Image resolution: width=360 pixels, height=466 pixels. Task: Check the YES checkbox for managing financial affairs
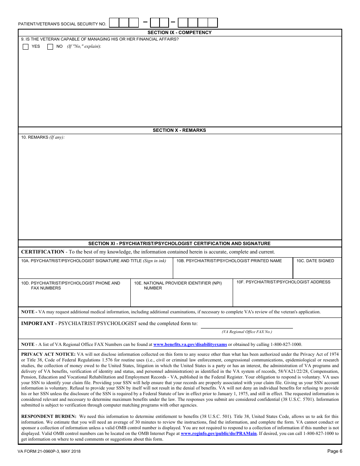(x=26, y=47)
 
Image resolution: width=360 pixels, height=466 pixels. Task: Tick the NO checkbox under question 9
(x=50, y=47)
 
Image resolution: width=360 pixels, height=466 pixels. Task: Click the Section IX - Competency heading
(x=180, y=33)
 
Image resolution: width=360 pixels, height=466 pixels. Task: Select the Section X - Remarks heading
(x=180, y=130)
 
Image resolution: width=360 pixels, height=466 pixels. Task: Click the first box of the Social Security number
(x=114, y=23)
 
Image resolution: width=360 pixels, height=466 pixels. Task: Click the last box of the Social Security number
(x=213, y=23)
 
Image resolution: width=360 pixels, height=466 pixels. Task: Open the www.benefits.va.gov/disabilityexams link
(x=190, y=345)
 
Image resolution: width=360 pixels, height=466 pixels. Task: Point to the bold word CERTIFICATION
(x=43, y=252)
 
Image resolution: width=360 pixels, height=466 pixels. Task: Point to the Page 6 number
(x=335, y=451)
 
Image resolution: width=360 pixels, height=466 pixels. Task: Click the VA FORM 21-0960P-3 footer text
(x=49, y=452)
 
